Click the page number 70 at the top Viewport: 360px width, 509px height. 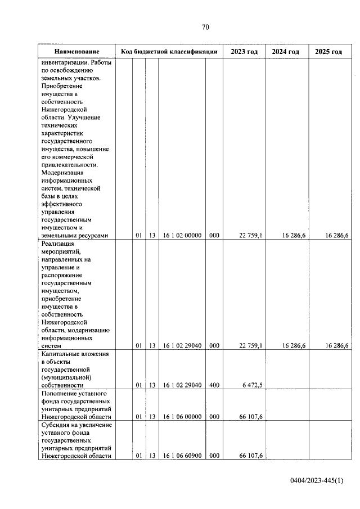tap(205, 27)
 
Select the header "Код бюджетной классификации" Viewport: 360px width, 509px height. tap(169, 52)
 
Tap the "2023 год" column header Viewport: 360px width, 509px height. tap(244, 52)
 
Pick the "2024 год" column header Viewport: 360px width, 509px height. tap(286, 52)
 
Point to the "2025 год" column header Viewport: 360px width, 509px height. tap(328, 52)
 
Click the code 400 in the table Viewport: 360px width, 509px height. tap(214, 385)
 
